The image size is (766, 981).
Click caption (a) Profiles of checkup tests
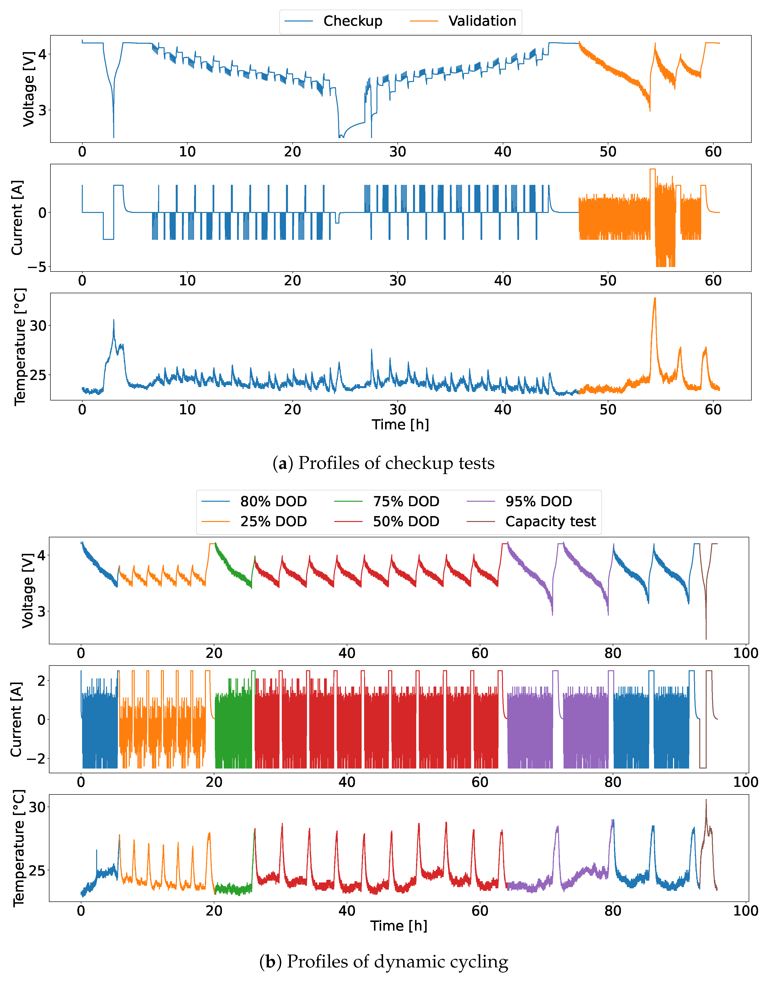pyautogui.click(x=383, y=463)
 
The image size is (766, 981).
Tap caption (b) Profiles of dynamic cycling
pyautogui.click(x=383, y=962)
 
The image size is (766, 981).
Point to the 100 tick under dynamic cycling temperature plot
pyautogui.click(x=745, y=911)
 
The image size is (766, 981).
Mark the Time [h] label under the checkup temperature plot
pyautogui.click(x=400, y=424)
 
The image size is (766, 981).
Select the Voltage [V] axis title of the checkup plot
pyautogui.click(x=28, y=89)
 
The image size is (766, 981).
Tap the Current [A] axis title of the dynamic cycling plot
pyautogui.click(x=16, y=719)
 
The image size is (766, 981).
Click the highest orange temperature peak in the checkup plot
pyautogui.click(x=655, y=298)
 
